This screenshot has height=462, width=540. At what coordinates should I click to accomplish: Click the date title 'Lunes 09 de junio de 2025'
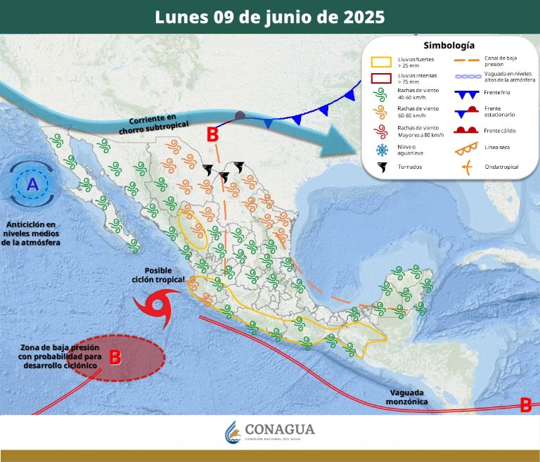(x=270, y=17)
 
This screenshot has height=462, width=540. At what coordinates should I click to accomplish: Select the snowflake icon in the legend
(x=382, y=150)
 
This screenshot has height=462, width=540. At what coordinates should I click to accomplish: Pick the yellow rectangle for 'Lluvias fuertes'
(x=382, y=63)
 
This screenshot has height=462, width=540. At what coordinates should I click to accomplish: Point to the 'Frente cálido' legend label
(x=501, y=130)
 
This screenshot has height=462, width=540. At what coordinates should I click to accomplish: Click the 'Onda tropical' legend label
(x=502, y=167)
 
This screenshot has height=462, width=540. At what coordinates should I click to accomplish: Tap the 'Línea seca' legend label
(x=498, y=148)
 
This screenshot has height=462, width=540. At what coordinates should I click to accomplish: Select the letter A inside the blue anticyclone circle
(x=32, y=185)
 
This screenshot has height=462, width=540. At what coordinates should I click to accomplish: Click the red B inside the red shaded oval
(x=115, y=357)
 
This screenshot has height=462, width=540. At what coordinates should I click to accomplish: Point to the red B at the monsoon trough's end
(x=525, y=405)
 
